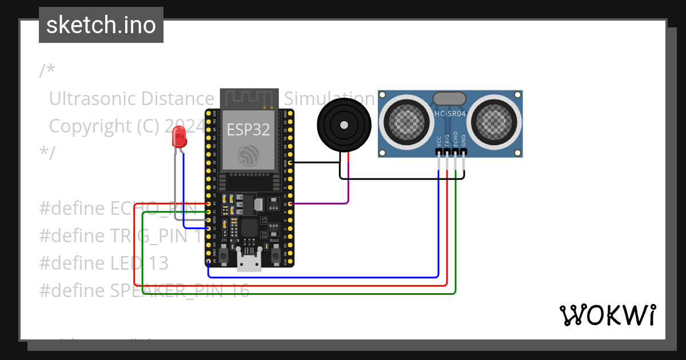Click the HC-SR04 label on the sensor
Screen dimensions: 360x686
(450, 114)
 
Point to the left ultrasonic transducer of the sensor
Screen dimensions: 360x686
(407, 121)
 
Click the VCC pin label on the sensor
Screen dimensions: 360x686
(438, 141)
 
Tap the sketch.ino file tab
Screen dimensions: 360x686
(101, 25)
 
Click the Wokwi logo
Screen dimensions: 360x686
(607, 315)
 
